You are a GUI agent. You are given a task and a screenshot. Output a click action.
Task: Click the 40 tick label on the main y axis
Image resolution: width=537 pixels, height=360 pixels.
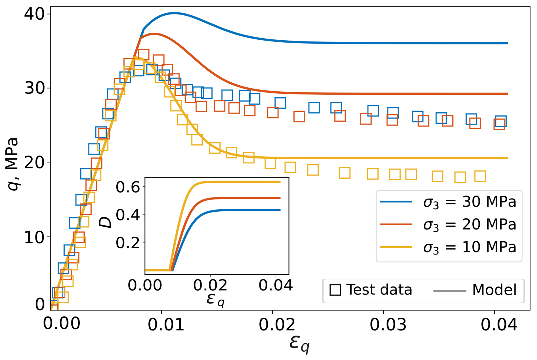point(35,14)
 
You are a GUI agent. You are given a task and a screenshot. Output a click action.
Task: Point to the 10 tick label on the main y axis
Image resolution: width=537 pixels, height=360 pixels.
point(35,237)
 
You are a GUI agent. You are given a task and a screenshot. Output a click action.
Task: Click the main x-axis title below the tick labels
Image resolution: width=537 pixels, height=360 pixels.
point(299,344)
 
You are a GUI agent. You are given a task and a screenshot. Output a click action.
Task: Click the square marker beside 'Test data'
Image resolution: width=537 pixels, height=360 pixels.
point(335,290)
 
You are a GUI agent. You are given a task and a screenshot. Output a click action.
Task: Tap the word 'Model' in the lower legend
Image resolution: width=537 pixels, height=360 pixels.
point(494,290)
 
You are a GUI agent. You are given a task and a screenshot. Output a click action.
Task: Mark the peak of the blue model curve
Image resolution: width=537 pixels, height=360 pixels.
point(174,13)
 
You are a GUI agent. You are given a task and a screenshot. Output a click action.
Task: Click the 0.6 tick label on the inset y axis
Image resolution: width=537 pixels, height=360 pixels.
point(128,187)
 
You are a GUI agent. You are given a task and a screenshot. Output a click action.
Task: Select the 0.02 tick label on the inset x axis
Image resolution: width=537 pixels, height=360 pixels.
point(210,285)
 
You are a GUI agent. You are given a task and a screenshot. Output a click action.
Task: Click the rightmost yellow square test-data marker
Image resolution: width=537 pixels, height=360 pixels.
point(480,176)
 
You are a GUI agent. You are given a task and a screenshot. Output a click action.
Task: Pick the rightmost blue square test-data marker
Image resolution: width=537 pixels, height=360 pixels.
point(501,121)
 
